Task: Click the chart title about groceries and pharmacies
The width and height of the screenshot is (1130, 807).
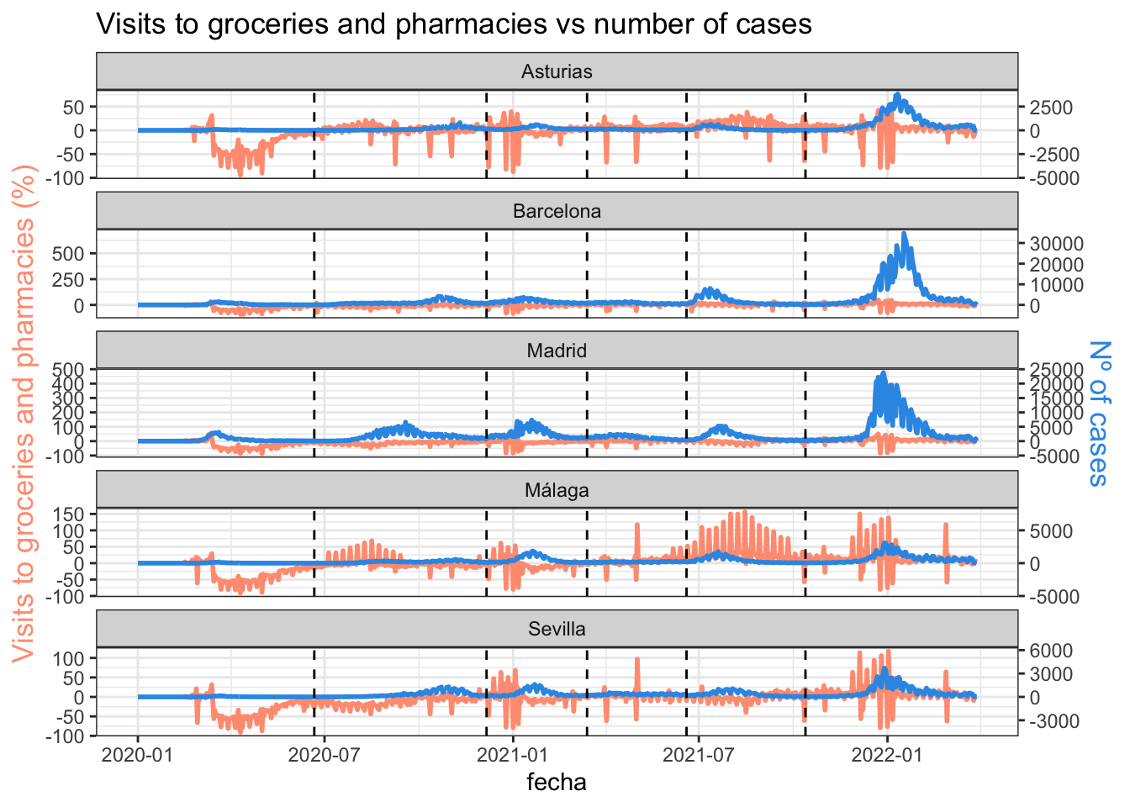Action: click(454, 24)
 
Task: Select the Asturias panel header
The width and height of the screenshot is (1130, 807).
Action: click(557, 71)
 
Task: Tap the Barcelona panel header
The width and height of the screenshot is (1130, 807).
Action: click(557, 211)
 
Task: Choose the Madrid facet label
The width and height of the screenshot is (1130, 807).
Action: click(557, 351)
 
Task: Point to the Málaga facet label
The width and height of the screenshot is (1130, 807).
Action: click(557, 490)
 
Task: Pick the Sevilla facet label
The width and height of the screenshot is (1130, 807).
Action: click(557, 630)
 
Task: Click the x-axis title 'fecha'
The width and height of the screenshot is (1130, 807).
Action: click(557, 783)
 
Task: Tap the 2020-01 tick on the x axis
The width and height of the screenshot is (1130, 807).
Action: click(138, 755)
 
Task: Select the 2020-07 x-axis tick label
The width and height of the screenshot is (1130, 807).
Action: click(325, 755)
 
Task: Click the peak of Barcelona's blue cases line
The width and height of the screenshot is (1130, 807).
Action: click(904, 234)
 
